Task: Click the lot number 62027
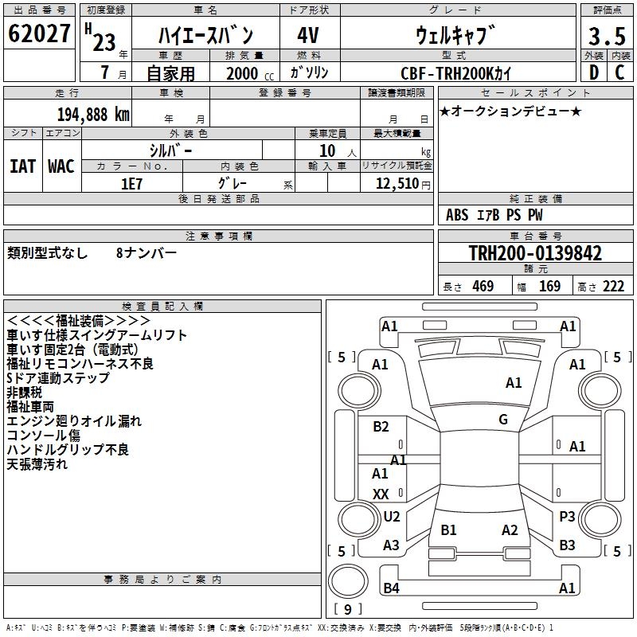(40, 34)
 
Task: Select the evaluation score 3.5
(606, 37)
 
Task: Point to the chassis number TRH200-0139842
(535, 254)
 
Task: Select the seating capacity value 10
(326, 150)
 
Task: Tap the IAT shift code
(23, 166)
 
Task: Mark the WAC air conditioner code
(61, 166)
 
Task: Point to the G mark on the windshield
(503, 420)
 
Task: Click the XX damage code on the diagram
(381, 494)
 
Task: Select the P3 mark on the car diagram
(567, 517)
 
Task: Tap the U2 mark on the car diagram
(391, 517)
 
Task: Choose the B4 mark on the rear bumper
(391, 588)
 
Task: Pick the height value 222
(613, 287)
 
